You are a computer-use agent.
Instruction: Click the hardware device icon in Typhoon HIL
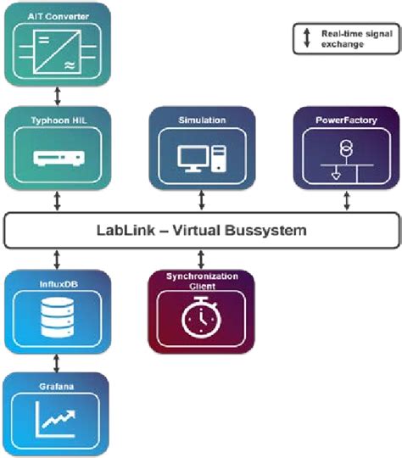coord(56,158)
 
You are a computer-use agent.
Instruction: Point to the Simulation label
coord(202,120)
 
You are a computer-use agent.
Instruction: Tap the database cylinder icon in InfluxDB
coord(56,316)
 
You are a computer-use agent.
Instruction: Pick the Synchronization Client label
coord(201,281)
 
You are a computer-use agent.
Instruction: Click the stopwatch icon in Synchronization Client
coord(201,320)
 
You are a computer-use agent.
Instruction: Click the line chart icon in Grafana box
coord(56,419)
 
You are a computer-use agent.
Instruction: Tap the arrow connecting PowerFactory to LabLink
coord(346,200)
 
